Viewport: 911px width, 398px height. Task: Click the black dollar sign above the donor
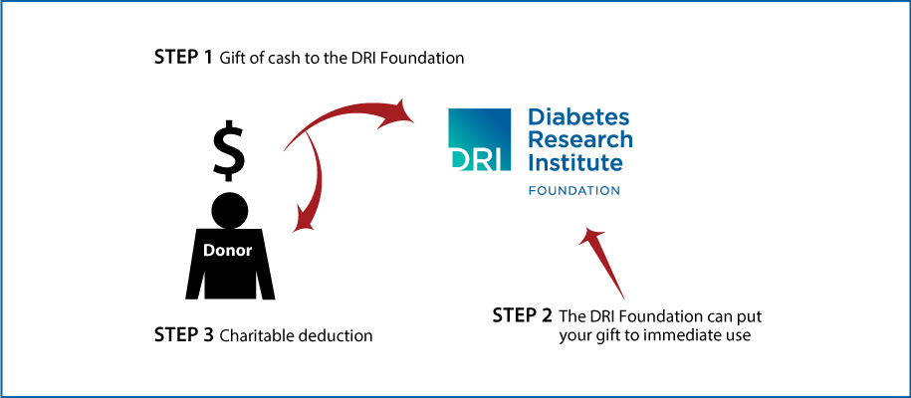point(229,150)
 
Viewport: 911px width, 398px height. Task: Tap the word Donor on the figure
point(228,251)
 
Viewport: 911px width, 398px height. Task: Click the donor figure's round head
point(230,210)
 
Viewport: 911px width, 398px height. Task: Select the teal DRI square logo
point(479,139)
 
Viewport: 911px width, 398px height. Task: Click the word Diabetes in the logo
point(578,117)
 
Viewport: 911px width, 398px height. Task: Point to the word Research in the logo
point(580,139)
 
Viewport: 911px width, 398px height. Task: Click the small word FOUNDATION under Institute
point(574,191)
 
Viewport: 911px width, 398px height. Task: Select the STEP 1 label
point(183,58)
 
